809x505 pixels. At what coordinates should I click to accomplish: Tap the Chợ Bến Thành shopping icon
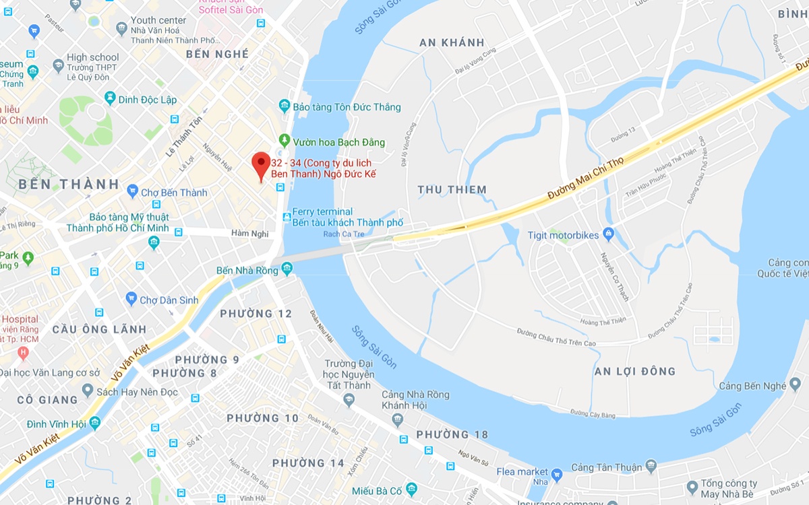click(132, 192)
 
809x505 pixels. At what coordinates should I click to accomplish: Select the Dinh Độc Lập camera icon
click(110, 99)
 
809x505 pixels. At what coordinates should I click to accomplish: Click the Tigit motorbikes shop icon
click(608, 234)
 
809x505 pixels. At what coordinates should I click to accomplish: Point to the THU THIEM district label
click(452, 190)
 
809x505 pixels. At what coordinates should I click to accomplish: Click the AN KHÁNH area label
click(452, 42)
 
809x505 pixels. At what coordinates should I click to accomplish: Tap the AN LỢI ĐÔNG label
click(634, 371)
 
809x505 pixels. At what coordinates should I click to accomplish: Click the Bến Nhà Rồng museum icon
click(288, 270)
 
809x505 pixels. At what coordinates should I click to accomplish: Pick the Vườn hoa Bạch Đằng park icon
click(284, 141)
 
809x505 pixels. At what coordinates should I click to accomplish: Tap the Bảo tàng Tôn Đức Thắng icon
click(284, 106)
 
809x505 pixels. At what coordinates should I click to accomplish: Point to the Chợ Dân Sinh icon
click(131, 299)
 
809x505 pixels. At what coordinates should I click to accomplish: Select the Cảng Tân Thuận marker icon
click(651, 466)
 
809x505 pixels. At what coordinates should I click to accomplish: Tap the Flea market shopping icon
click(556, 475)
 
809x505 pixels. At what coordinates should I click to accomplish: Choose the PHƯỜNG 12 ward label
click(256, 314)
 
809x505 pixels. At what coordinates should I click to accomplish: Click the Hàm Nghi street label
click(249, 234)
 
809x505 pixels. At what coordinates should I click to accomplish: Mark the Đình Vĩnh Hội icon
click(95, 423)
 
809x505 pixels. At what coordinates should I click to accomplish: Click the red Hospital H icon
click(24, 351)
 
